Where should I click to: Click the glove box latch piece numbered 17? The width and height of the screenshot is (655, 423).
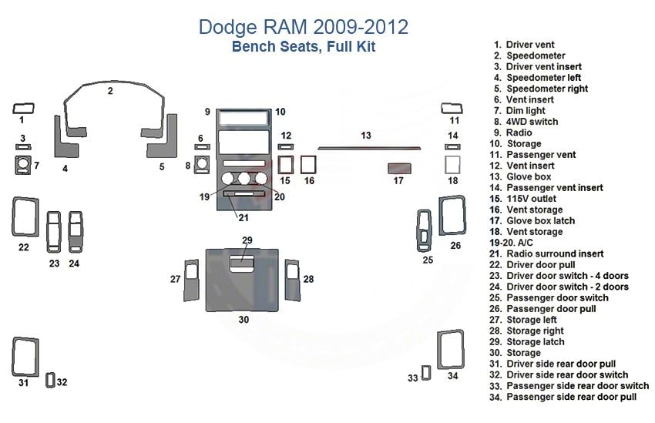coord(398,167)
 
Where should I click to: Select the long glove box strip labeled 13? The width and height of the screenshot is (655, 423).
coord(369,146)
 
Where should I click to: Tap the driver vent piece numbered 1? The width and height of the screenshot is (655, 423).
coord(22,108)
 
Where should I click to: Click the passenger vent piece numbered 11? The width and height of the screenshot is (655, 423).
coord(451,108)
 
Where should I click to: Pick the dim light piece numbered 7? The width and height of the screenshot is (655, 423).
coord(23,165)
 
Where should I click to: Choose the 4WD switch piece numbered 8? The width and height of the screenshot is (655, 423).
coord(203,165)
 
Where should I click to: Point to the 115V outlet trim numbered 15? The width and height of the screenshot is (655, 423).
coord(284,165)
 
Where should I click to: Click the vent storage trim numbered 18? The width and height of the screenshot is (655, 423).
coord(453,165)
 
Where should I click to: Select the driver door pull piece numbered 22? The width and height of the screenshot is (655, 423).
coord(25,217)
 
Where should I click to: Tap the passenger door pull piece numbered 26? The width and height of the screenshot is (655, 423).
coord(452,215)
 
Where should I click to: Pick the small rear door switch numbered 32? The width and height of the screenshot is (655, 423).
coord(51,380)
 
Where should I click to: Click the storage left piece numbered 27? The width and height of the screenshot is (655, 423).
coord(191,280)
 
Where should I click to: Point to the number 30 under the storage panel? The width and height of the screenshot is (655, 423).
coord(244,319)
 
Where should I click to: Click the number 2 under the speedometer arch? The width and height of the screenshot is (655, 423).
coord(110,91)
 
